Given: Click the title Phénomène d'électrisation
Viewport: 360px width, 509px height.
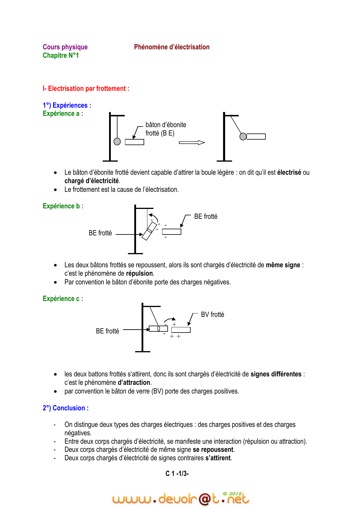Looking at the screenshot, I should tap(172, 47).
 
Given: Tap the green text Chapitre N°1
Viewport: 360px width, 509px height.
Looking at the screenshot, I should tap(61, 55).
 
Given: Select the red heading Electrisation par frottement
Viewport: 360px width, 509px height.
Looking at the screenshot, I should tap(86, 89).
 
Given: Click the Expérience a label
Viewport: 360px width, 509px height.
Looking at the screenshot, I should tap(63, 113).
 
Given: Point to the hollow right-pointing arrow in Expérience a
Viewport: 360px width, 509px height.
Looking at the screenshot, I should tap(192, 142).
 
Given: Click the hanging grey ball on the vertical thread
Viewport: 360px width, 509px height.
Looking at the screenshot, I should tap(117, 141).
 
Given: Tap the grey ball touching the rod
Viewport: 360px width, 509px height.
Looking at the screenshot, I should tap(243, 136).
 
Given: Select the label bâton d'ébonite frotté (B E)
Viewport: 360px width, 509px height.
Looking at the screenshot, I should tap(166, 129).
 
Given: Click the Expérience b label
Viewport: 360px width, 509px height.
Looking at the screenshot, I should tap(63, 206).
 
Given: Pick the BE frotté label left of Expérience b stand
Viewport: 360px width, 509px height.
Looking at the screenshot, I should tap(100, 233).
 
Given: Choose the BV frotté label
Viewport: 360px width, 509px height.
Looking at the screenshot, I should tap(212, 315).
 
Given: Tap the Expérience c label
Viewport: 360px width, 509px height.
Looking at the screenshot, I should tap(63, 299).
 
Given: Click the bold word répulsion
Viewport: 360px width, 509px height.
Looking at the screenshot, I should tap(139, 273).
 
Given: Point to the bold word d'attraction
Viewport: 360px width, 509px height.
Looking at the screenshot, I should tap(134, 382).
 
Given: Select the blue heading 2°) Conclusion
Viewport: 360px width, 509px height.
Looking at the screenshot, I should tap(66, 408).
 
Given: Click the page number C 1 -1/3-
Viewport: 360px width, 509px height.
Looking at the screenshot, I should tap(177, 474).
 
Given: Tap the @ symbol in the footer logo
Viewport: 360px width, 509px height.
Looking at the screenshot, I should tap(205, 499).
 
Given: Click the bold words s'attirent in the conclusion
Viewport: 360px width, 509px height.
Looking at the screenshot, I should tap(218, 458).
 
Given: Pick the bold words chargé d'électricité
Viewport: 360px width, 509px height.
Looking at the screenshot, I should tap(92, 181).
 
